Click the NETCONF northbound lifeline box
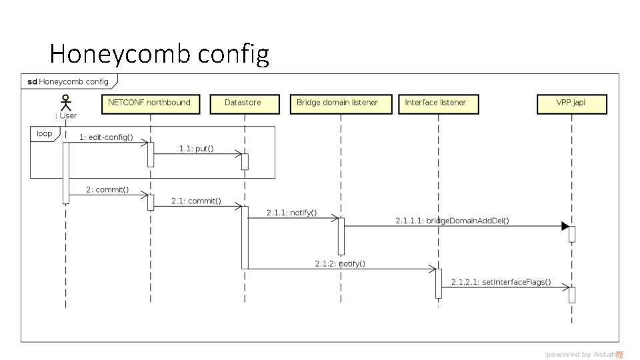pyautogui.click(x=149, y=103)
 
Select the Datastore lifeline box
pyautogui.click(x=244, y=103)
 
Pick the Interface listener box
pyautogui.click(x=435, y=103)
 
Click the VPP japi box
pyautogui.click(x=571, y=103)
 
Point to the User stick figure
pyautogui.click(x=65, y=103)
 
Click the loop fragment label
pyautogui.click(x=44, y=133)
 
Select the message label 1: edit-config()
pyautogui.click(x=106, y=137)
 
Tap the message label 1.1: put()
pyautogui.click(x=196, y=149)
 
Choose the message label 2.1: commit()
pyautogui.click(x=196, y=201)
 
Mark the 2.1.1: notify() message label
pyautogui.click(x=291, y=213)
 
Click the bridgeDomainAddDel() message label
pyautogui.click(x=452, y=221)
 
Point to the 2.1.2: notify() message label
pyautogui.click(x=340, y=263)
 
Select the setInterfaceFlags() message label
pyautogui.click(x=501, y=281)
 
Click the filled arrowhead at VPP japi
pyautogui.click(x=566, y=226)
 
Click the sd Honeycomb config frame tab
pyautogui.click(x=69, y=82)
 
